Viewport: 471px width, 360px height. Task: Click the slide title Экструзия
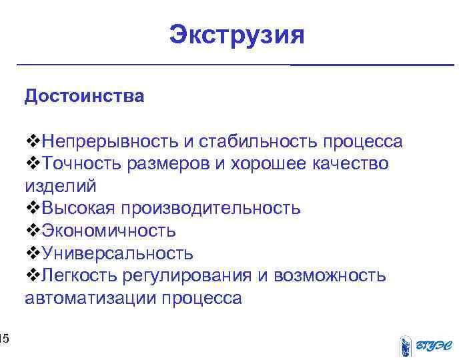pyautogui.click(x=236, y=34)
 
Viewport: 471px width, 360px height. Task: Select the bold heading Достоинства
pyautogui.click(x=84, y=96)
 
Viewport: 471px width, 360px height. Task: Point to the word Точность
pyautogui.click(x=79, y=164)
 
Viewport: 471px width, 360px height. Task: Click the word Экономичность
pyautogui.click(x=109, y=231)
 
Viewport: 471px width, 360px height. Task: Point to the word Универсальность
pyautogui.click(x=117, y=254)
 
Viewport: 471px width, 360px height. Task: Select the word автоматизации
pyautogui.click(x=90, y=298)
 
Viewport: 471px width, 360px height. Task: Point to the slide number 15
pyautogui.click(x=4, y=341)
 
